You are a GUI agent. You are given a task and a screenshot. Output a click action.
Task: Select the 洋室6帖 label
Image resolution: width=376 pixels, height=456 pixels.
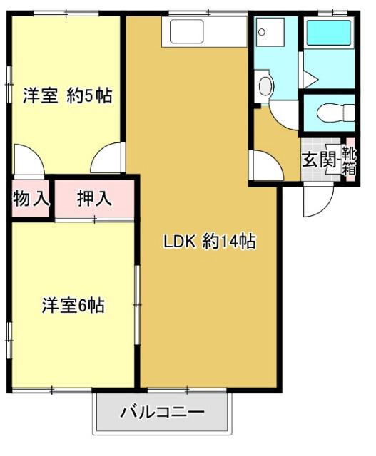pyautogui.click(x=73, y=306)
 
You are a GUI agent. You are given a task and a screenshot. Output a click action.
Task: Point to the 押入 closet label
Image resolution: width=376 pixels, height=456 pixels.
pyautogui.click(x=94, y=199)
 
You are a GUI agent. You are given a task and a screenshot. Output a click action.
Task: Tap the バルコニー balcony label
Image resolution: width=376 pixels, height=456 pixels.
pyautogui.click(x=163, y=413)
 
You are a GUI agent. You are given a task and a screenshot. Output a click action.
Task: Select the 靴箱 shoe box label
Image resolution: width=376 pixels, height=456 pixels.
pyautogui.click(x=350, y=160)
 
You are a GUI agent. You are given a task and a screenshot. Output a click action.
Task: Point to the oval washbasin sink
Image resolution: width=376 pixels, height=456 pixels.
pyautogui.click(x=266, y=85)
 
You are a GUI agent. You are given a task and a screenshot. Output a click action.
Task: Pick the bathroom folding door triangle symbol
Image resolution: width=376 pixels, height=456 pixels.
pyautogui.click(x=310, y=77)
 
